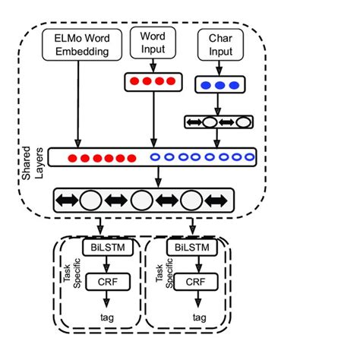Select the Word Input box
tap(153, 43)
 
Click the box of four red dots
tap(153, 80)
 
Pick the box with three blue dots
tap(219, 84)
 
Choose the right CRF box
tap(196, 283)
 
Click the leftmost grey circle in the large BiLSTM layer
tap(90, 200)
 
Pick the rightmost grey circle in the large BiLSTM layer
tap(191, 200)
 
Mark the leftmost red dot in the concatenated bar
tap(73, 158)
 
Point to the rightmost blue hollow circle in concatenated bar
tap(248, 158)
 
